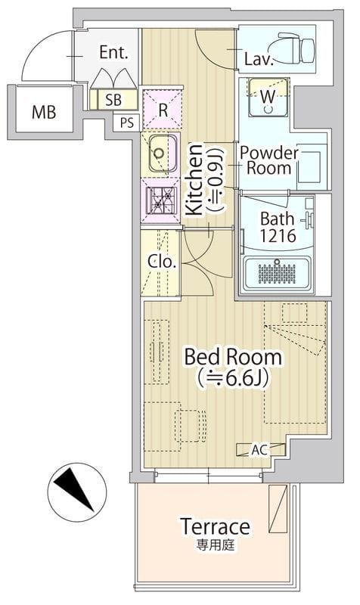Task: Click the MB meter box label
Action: click(x=44, y=112)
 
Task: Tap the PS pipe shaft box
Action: click(x=127, y=123)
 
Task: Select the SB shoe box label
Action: click(x=113, y=100)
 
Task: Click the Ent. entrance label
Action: click(x=113, y=52)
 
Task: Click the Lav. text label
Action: click(x=259, y=60)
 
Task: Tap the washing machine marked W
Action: click(x=268, y=97)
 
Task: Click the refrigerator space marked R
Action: click(x=162, y=109)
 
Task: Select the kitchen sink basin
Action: click(x=163, y=154)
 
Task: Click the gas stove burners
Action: click(x=162, y=200)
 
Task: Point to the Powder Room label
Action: click(x=269, y=160)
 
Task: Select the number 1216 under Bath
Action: click(x=278, y=235)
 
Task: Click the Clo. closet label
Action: click(x=162, y=262)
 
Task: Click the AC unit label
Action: click(x=259, y=450)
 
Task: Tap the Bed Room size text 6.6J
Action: click(x=232, y=379)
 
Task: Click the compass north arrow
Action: click(x=74, y=490)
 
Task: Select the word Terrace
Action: click(x=215, y=526)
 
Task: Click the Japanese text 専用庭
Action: click(x=215, y=545)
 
